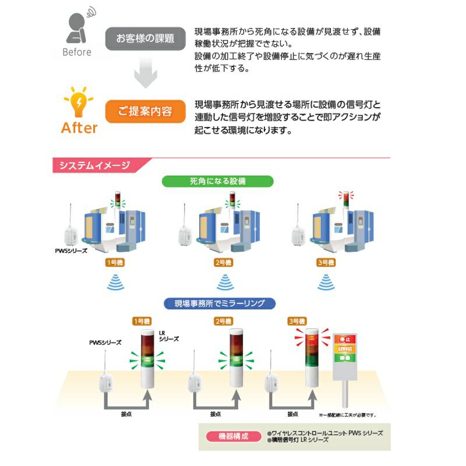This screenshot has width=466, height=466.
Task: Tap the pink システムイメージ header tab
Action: point(94,165)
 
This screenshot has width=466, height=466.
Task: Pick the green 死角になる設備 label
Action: point(217,181)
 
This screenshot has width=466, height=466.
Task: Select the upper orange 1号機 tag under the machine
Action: point(114,263)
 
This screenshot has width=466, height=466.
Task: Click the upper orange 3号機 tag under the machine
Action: point(326,263)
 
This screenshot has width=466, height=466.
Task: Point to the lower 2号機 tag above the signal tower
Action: point(223,321)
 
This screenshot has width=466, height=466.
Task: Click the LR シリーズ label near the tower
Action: point(168,336)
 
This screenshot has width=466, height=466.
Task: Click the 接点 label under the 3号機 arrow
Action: point(292,414)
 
